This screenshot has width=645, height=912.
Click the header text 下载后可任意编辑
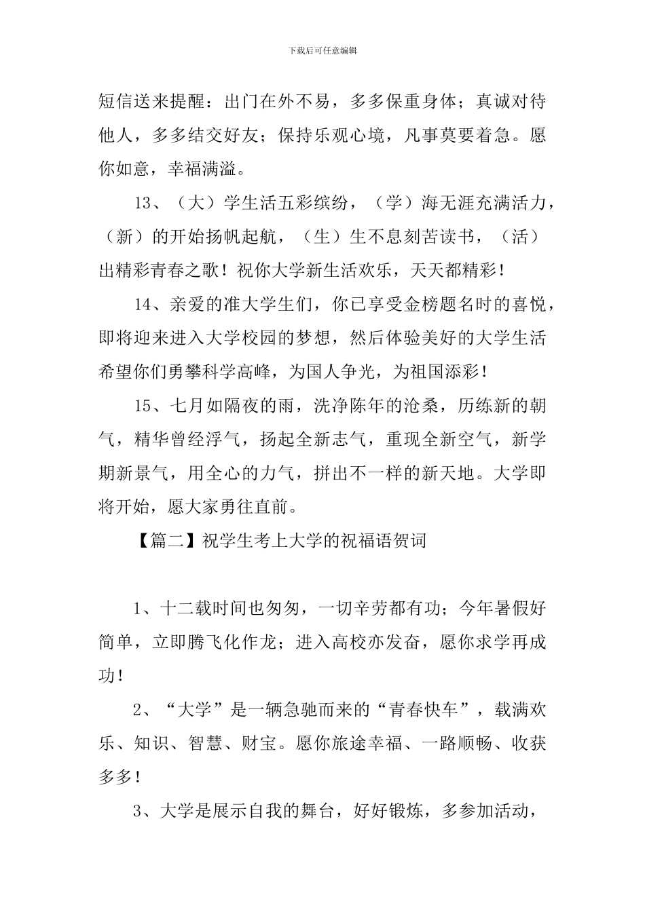pyautogui.click(x=322, y=50)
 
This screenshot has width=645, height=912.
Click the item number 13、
pyautogui.click(x=149, y=203)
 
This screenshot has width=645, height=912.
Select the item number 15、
pyautogui.click(x=149, y=406)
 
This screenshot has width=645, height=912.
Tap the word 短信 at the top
pyautogui.click(x=115, y=102)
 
